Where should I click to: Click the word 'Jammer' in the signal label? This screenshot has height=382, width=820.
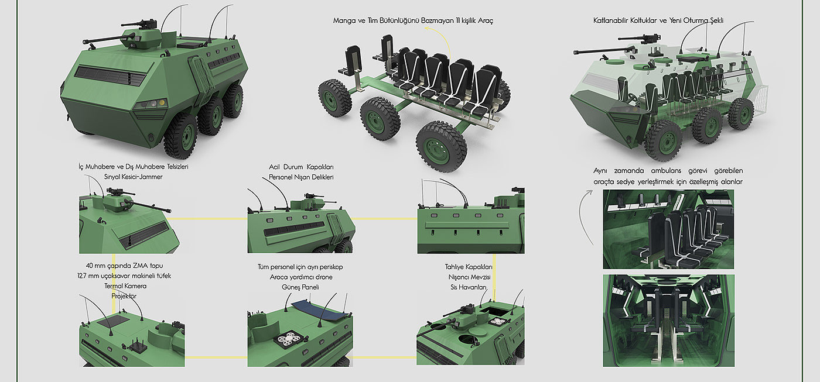(x=149, y=177)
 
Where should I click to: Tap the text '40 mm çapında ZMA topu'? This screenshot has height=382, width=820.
(x=124, y=266)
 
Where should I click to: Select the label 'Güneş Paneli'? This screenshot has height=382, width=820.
(x=300, y=287)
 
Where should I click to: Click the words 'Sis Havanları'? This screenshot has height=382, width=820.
(x=469, y=287)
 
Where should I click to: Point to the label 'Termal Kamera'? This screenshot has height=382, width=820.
(x=125, y=286)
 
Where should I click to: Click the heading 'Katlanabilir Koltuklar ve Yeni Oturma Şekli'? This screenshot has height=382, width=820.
(x=658, y=20)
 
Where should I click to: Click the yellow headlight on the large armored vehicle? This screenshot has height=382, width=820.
(x=161, y=103)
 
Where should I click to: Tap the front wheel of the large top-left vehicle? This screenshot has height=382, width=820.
(x=181, y=135)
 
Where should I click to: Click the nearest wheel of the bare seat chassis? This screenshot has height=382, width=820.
(x=440, y=146)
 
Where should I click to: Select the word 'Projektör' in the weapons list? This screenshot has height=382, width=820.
(x=124, y=296)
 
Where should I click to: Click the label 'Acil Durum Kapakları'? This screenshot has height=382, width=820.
(x=301, y=167)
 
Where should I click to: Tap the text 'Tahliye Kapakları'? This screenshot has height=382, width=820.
(x=469, y=267)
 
